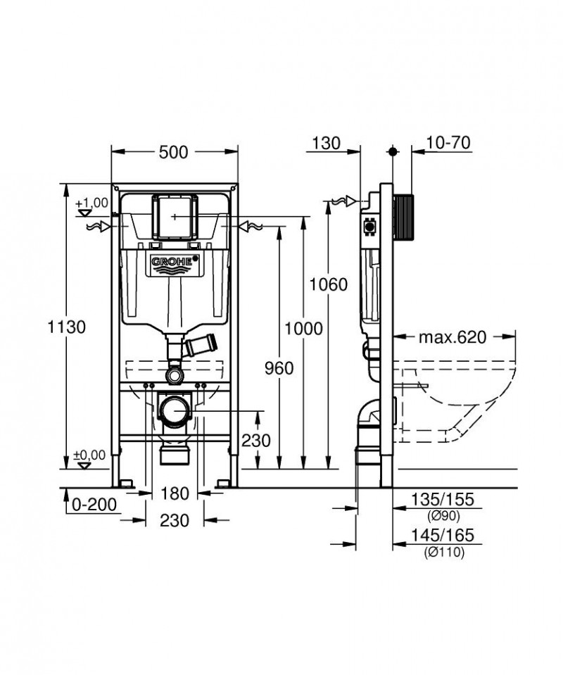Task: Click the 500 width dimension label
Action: click(x=174, y=151)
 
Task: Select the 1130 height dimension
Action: click(x=67, y=327)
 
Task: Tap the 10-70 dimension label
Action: click(x=448, y=143)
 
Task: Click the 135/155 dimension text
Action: click(x=443, y=500)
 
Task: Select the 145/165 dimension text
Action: click(x=443, y=536)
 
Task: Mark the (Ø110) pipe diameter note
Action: click(x=444, y=553)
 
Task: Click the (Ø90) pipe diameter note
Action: click(x=443, y=515)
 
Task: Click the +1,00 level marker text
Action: click(x=96, y=202)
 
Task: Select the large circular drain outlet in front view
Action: click(x=174, y=410)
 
